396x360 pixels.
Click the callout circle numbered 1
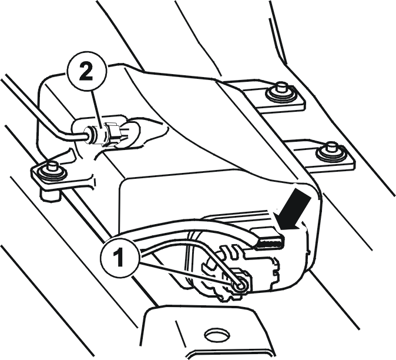pos(120,258)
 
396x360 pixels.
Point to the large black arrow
pos(294,211)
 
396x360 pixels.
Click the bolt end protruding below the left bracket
pos(50,194)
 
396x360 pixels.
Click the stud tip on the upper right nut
pos(281,86)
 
